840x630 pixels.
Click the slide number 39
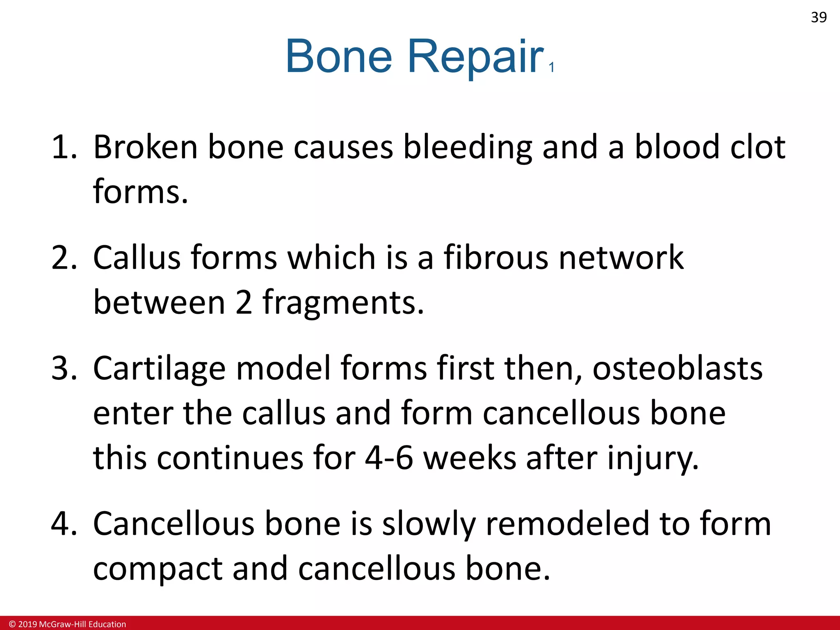pyautogui.click(x=819, y=17)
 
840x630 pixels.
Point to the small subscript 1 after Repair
pyautogui.click(x=552, y=67)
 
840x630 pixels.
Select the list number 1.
pyautogui.click(x=64, y=147)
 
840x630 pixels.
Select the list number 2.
pyautogui.click(x=64, y=258)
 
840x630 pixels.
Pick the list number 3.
pyautogui.click(x=64, y=368)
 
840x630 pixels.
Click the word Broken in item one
pyautogui.click(x=146, y=147)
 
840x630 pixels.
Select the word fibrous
pyautogui.click(x=496, y=258)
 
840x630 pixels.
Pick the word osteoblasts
pyautogui.click(x=678, y=368)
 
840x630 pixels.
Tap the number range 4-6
pyautogui.click(x=388, y=458)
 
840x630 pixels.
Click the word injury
pyautogui.click(x=653, y=459)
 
